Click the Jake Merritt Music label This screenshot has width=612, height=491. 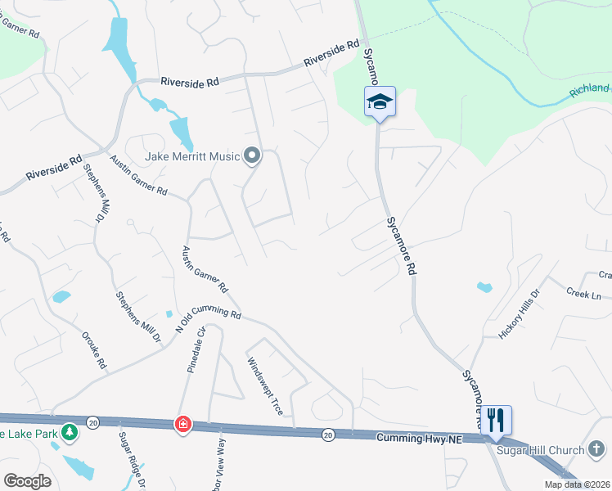[192, 155]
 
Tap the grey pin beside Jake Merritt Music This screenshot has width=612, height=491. [252, 155]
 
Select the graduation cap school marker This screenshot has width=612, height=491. [380, 102]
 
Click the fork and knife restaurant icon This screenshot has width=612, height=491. [496, 421]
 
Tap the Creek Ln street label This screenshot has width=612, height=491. [584, 291]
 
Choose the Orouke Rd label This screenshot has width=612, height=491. [94, 349]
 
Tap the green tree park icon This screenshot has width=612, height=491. [70, 431]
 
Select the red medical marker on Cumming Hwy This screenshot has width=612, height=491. [182, 424]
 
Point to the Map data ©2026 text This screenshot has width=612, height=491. [578, 484]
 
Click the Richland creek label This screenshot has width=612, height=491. [591, 88]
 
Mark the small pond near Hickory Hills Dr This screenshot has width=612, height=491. [484, 287]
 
